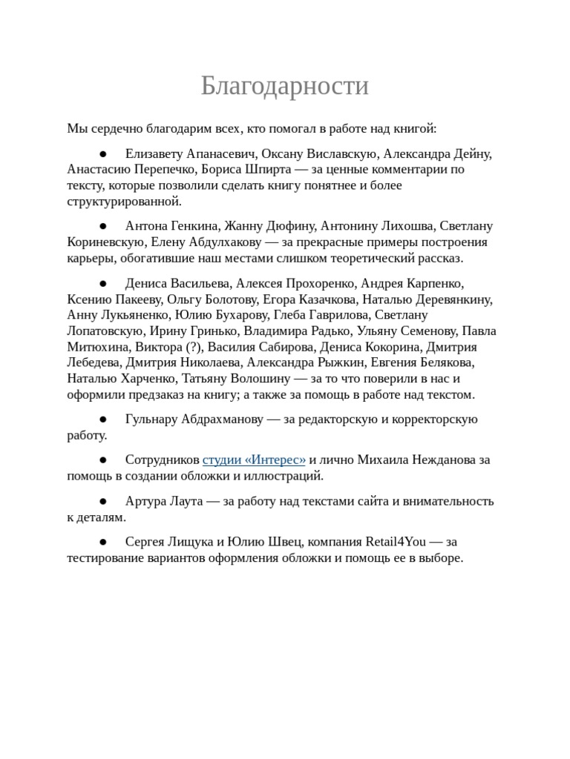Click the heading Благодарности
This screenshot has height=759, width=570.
pos(284,87)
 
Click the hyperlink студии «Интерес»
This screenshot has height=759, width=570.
pos(254,460)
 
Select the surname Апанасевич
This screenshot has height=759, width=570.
pos(219,154)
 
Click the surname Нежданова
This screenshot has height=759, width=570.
pos(433,460)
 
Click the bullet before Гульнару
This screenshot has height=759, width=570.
pos(103,420)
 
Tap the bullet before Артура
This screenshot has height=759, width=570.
pos(103,501)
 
